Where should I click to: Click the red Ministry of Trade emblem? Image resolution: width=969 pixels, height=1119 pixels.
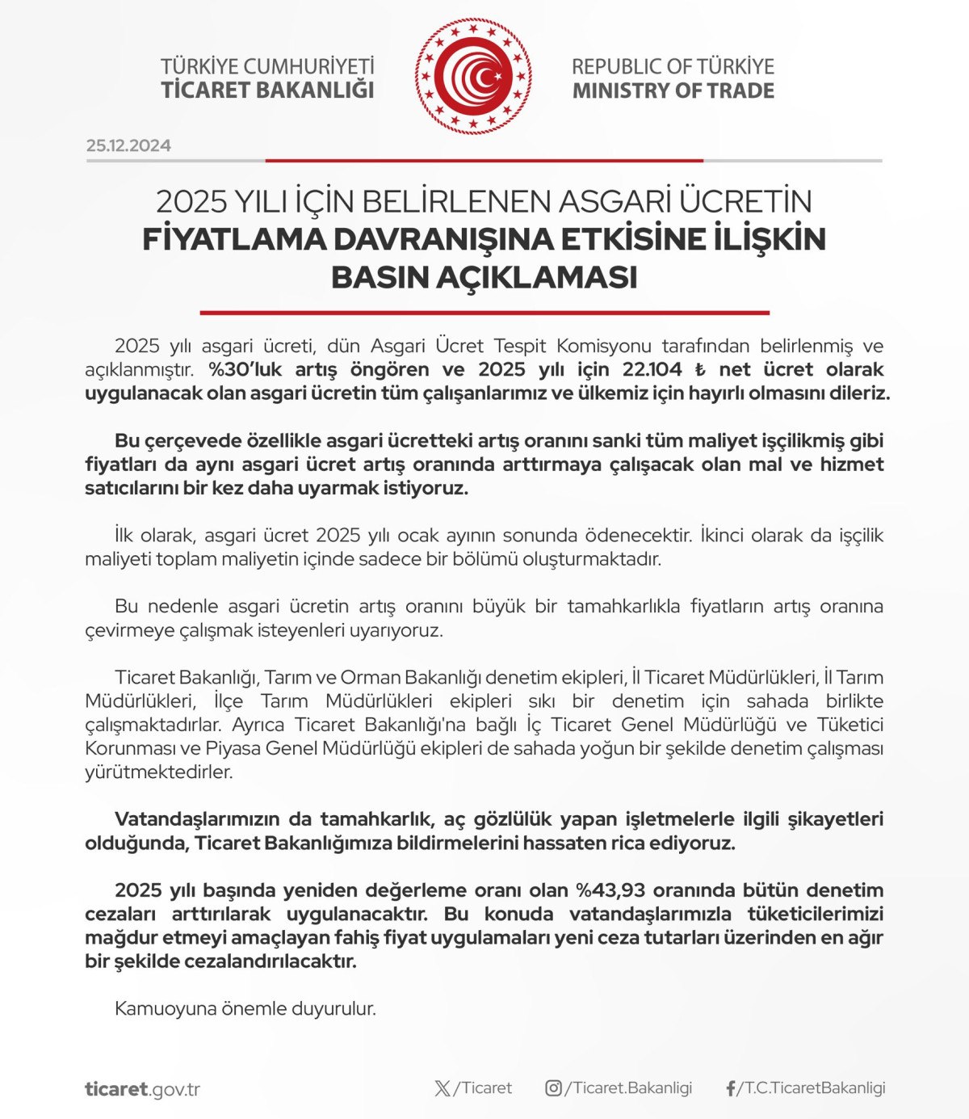(x=474, y=77)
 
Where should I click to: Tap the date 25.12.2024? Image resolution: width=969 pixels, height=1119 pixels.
(x=128, y=145)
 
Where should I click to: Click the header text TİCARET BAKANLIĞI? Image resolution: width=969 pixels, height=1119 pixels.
(x=267, y=90)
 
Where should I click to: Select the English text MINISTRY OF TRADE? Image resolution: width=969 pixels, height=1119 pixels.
(x=673, y=90)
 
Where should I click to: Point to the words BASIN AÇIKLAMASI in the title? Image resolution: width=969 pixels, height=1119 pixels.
(x=484, y=277)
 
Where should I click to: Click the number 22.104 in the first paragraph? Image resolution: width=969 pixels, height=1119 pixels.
(x=652, y=370)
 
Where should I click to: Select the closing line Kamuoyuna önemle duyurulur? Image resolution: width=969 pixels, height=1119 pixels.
(x=245, y=1008)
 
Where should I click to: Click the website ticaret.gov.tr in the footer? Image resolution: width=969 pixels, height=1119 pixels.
(x=142, y=1089)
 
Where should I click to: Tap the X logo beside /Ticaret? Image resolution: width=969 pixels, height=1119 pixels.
(x=443, y=1088)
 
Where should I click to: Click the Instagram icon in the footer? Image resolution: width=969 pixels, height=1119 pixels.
(x=553, y=1088)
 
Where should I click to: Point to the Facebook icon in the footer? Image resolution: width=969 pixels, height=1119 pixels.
(x=730, y=1089)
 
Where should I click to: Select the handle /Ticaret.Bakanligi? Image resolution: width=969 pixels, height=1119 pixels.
(x=629, y=1088)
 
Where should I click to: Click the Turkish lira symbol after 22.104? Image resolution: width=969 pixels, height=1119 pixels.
(x=700, y=370)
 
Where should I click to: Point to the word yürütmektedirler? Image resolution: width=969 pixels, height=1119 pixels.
(x=158, y=772)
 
